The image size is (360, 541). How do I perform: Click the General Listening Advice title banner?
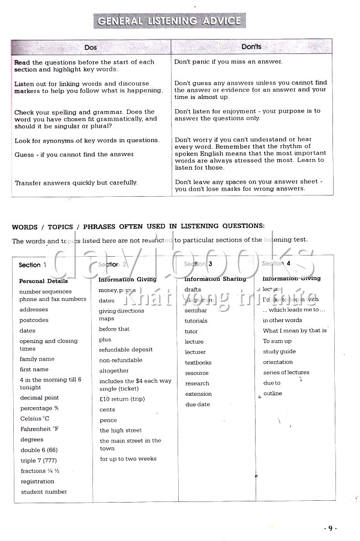pyautogui.click(x=169, y=21)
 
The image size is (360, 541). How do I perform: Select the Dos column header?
pyautogui.click(x=91, y=47)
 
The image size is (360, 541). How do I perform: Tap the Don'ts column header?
pyautogui.click(x=251, y=47)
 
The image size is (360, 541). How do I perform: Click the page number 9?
pyautogui.click(x=329, y=528)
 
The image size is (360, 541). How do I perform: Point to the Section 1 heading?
pyautogui.click(x=32, y=265)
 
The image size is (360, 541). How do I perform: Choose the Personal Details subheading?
pyautogui.click(x=43, y=281)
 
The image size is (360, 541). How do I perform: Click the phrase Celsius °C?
pyautogui.click(x=35, y=418)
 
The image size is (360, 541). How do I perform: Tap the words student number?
pyautogui.click(x=44, y=492)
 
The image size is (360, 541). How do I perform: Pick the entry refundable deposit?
pyautogui.click(x=126, y=350)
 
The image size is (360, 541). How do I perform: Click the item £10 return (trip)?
pyautogui.click(x=122, y=399)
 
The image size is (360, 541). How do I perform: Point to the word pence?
pyautogui.click(x=109, y=420)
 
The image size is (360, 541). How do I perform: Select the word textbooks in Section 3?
pyautogui.click(x=198, y=362)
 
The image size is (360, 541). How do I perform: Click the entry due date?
pyautogui.click(x=198, y=404)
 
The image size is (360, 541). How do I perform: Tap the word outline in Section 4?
pyautogui.click(x=272, y=393)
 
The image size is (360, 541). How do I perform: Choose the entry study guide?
pyautogui.click(x=279, y=351)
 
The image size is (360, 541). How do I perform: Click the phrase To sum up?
pyautogui.click(x=277, y=341)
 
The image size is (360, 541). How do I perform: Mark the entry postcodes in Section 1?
pyautogui.click(x=34, y=320)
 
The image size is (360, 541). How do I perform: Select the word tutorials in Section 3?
pyautogui.click(x=196, y=320)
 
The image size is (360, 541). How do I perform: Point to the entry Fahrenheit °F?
pyautogui.click(x=39, y=429)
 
